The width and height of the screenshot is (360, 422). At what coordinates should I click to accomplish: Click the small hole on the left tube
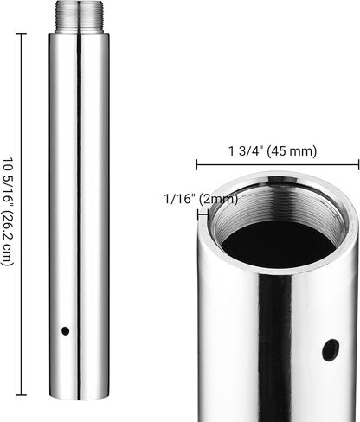click(x=66, y=331)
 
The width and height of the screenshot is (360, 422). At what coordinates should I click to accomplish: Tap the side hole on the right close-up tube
click(x=331, y=350)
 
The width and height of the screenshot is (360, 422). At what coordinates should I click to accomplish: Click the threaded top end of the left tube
click(x=79, y=16)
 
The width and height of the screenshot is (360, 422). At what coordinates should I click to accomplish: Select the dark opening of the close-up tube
click(x=279, y=244)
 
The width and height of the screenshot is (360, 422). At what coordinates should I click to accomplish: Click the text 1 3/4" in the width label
click(x=246, y=151)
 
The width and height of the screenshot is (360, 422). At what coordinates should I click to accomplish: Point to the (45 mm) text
click(x=292, y=151)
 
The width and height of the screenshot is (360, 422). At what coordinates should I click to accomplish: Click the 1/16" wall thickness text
click(x=179, y=199)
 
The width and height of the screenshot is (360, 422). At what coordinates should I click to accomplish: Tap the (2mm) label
click(x=220, y=199)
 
